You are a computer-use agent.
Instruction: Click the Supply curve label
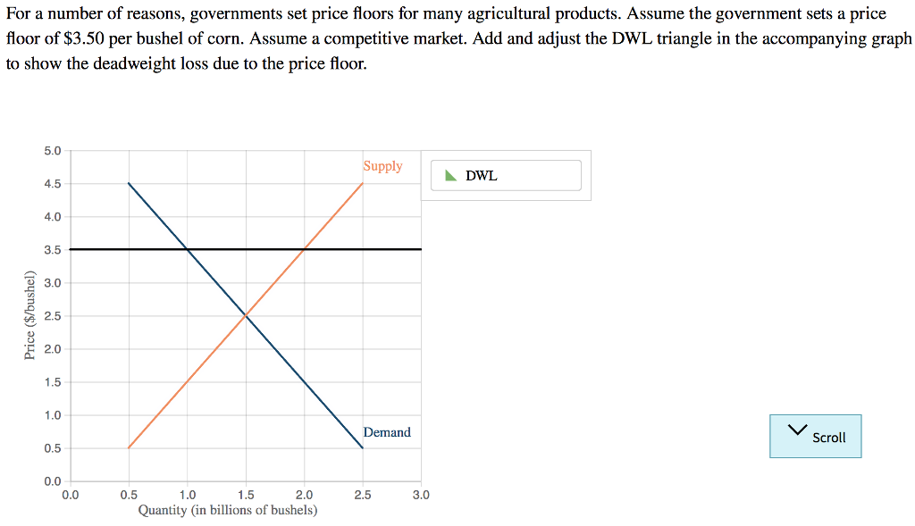click(x=382, y=166)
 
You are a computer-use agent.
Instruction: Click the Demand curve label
click(x=387, y=432)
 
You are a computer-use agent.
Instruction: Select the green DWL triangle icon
click(x=450, y=175)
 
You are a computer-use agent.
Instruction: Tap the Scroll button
click(x=815, y=436)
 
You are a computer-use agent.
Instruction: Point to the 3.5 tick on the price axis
click(x=53, y=250)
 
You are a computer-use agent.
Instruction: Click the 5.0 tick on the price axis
click(x=53, y=151)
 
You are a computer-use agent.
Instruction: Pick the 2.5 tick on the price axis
click(x=53, y=316)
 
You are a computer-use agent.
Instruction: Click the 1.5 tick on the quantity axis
click(x=246, y=494)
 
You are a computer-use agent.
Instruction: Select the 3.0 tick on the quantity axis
click(x=421, y=494)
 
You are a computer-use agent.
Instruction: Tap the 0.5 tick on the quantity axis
click(x=129, y=494)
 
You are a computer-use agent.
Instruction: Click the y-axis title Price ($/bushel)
click(x=29, y=318)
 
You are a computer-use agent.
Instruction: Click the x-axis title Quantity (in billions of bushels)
click(x=227, y=510)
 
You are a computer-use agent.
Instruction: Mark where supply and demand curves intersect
click(x=246, y=315)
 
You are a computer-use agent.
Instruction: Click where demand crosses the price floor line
click(x=187, y=249)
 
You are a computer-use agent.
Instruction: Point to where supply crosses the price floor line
click(x=304, y=249)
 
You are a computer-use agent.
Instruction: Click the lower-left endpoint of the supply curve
click(x=129, y=447)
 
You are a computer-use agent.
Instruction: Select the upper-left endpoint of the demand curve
click(x=129, y=183)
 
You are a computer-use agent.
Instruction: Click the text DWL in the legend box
click(x=482, y=176)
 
